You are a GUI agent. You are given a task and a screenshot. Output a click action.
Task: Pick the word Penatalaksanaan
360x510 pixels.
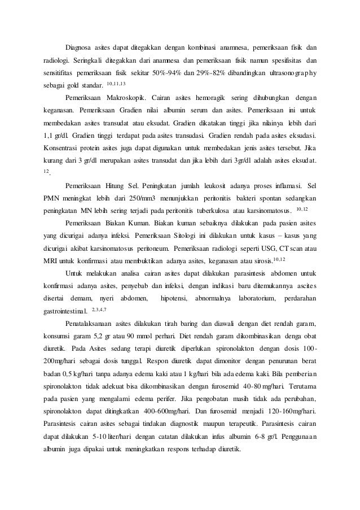click(x=94, y=324)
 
